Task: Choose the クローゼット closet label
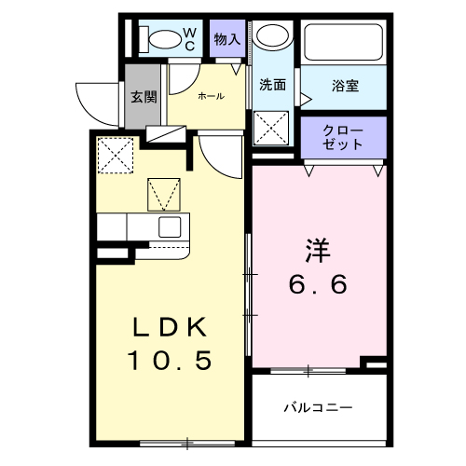(x=342, y=136)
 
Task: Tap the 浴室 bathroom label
(x=345, y=86)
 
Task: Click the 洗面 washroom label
(x=272, y=85)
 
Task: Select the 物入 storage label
(x=226, y=39)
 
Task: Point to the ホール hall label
(x=210, y=95)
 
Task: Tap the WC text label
(x=188, y=39)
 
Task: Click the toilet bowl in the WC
(x=164, y=39)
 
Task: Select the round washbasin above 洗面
(x=272, y=37)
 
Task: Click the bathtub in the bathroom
(x=343, y=39)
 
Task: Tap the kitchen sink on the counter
(x=171, y=226)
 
